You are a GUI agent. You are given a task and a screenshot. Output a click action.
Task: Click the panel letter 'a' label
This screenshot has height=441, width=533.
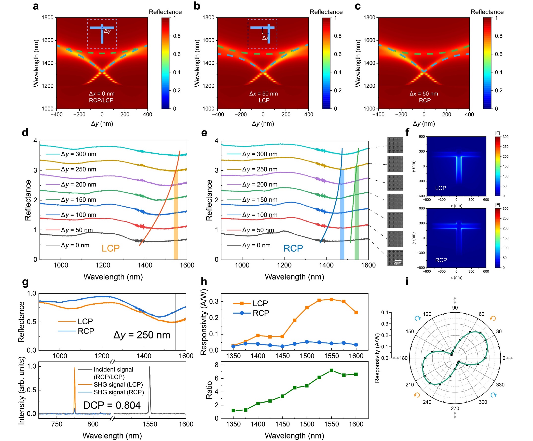pyautogui.click(x=36, y=6)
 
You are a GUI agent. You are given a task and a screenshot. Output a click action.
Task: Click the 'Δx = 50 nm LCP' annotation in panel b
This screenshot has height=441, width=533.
pyautogui.click(x=263, y=97)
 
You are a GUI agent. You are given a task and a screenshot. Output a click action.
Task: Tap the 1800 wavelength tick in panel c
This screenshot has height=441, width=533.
pyautogui.click(x=369, y=17)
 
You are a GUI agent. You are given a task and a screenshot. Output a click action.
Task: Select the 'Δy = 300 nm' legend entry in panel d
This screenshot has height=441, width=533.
pyautogui.click(x=78, y=154)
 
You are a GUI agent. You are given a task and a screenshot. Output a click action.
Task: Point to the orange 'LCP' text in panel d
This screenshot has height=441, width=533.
pyautogui.click(x=111, y=248)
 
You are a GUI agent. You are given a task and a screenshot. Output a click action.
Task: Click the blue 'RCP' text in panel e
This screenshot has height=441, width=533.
pyautogui.click(x=293, y=248)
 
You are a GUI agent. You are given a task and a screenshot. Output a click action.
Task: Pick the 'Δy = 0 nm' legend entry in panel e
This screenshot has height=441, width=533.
pyautogui.click(x=256, y=245)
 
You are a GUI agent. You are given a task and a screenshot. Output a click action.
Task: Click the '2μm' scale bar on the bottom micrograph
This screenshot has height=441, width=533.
pyautogui.click(x=397, y=263)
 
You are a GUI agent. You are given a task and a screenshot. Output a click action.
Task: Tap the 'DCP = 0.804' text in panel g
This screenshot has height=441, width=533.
pyautogui.click(x=112, y=405)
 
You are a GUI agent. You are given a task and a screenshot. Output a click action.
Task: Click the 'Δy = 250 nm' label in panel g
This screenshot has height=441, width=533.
pyautogui.click(x=142, y=335)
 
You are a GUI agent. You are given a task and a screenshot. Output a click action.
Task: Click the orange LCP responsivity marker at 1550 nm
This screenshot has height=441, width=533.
pyautogui.click(x=331, y=299)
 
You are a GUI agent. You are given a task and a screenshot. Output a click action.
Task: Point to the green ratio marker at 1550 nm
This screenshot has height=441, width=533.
pyautogui.click(x=331, y=370)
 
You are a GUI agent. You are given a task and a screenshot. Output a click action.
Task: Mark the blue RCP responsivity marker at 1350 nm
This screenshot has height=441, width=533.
pyautogui.click(x=233, y=346)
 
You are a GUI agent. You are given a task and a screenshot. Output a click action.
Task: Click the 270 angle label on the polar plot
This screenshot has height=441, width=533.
pyautogui.click(x=455, y=408)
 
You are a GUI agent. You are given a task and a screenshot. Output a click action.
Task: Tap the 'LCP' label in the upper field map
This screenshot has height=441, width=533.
pyautogui.click(x=441, y=188)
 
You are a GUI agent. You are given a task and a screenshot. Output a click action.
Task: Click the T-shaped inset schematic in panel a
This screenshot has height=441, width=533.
pyautogui.click(x=102, y=34)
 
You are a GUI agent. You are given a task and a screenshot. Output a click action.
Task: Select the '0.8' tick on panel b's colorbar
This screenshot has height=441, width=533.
pyautogui.click(x=338, y=36)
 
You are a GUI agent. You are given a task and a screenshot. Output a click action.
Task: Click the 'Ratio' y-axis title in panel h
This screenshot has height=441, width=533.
pyautogui.click(x=209, y=390)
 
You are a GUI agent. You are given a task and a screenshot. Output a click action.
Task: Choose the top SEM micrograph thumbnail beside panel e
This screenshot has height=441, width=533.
pyautogui.click(x=395, y=145)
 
